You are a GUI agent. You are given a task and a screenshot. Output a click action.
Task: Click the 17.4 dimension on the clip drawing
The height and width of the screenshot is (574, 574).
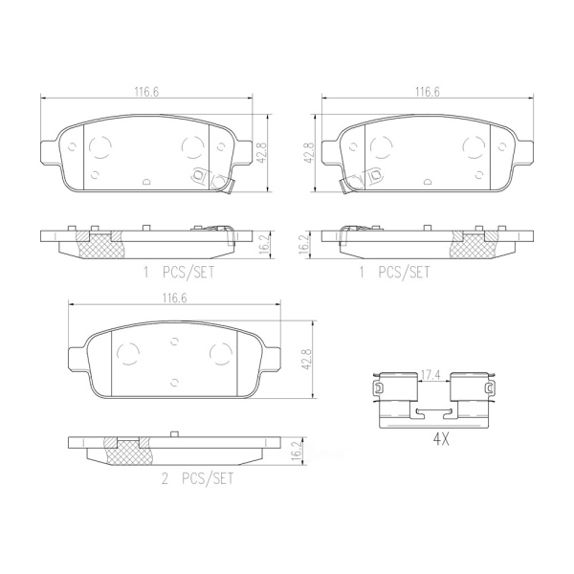433,376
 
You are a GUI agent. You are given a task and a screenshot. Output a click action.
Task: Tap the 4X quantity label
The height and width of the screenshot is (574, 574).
441,440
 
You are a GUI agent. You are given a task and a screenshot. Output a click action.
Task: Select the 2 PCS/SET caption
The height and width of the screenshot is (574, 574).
197,479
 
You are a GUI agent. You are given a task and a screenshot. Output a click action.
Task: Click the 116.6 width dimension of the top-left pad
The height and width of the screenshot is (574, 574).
146,92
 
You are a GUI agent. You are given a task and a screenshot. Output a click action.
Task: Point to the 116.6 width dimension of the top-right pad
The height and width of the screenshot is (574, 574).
428,92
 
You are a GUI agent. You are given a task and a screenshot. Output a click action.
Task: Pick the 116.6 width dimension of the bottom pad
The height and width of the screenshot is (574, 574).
174,298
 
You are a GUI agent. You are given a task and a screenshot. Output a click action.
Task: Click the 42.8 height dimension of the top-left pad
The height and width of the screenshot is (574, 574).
263,153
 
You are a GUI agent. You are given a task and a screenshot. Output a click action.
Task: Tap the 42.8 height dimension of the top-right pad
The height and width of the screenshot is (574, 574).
309,153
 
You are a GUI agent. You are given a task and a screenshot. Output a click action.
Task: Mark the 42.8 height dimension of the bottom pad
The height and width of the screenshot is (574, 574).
306,359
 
